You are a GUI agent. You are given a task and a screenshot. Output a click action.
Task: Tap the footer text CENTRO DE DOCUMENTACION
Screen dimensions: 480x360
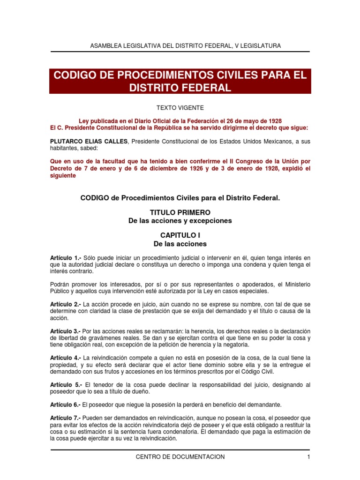180,457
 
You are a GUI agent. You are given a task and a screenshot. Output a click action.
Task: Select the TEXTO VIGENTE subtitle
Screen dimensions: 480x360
180,108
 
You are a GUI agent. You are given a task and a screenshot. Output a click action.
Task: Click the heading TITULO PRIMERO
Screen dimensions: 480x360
180,212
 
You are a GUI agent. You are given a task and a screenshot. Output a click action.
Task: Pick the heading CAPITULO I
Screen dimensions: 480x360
180,236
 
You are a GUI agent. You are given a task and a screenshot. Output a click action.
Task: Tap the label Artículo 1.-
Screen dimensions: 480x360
66,258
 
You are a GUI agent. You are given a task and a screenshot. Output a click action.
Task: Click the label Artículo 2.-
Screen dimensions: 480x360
66,304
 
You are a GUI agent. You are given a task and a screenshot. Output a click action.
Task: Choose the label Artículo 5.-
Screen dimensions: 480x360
66,385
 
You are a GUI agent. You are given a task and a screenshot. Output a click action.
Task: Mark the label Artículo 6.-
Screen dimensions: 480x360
66,405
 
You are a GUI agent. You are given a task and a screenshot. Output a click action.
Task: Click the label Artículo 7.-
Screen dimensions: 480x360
66,418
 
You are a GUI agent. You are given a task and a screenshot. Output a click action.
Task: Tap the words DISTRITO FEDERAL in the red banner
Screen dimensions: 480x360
180,88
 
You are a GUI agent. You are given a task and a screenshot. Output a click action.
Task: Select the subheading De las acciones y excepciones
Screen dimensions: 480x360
180,220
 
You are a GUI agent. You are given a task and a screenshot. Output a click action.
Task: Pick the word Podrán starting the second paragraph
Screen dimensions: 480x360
61,285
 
